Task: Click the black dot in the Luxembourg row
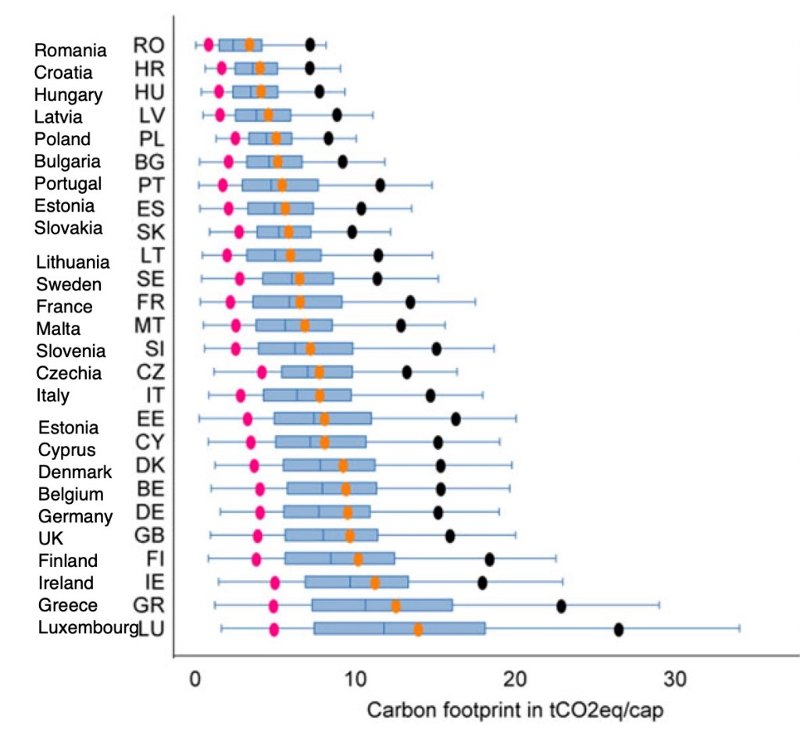(619, 629)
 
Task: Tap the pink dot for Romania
(209, 45)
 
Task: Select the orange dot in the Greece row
(396, 606)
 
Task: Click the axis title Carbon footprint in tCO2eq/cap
(515, 711)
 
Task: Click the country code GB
(149, 536)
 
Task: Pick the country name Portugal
(68, 184)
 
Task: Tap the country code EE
(149, 419)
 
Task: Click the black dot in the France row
(410, 302)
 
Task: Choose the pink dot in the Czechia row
(262, 372)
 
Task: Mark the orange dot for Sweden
(299, 279)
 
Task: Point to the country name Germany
(76, 516)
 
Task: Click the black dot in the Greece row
(561, 606)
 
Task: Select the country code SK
(149, 232)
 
